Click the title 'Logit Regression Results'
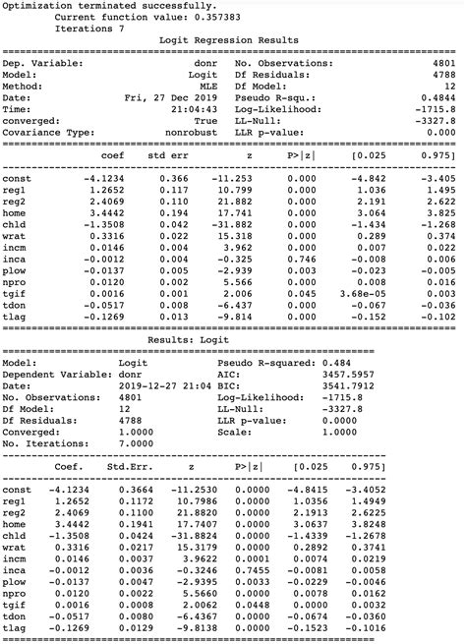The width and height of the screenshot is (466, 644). [228, 40]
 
